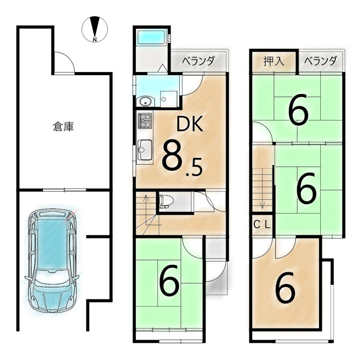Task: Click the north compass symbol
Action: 95,29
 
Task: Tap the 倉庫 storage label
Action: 63,127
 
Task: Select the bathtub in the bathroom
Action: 151,37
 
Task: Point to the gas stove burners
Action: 145,120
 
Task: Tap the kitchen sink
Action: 145,150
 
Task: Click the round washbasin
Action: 144,101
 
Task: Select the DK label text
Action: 190,124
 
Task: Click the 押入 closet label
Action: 274,62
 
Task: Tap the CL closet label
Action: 262,225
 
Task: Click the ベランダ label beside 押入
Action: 320,61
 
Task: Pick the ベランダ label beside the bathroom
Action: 199,61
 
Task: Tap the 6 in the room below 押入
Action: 298,109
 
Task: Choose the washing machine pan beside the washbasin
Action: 169,99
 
